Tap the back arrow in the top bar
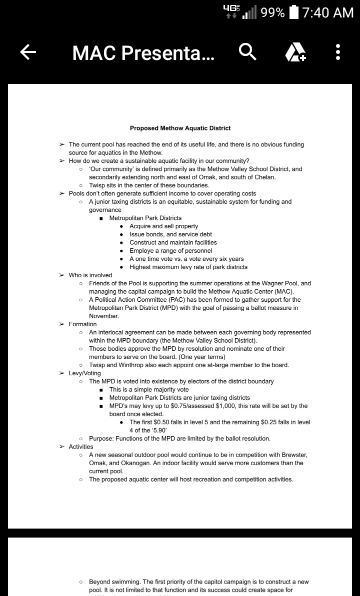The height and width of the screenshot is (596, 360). pyautogui.click(x=28, y=51)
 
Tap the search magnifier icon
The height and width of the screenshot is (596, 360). pyautogui.click(x=248, y=51)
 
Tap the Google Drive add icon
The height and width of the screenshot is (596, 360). pyautogui.click(x=295, y=52)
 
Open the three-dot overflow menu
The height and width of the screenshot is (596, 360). pyautogui.click(x=338, y=52)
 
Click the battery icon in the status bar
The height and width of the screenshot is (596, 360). pyautogui.click(x=295, y=12)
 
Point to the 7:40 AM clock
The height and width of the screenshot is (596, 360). pyautogui.click(x=328, y=12)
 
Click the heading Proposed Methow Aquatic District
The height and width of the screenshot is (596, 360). pyautogui.click(x=180, y=128)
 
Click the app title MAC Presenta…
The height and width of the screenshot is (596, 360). pyautogui.click(x=143, y=52)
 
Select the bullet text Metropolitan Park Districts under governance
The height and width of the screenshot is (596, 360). pyautogui.click(x=145, y=218)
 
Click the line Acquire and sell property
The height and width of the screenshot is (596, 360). pyautogui.click(x=163, y=226)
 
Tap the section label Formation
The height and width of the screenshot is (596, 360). pyautogui.click(x=82, y=324)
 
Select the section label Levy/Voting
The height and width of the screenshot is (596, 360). pyautogui.click(x=84, y=373)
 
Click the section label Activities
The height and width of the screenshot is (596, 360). pyautogui.click(x=81, y=447)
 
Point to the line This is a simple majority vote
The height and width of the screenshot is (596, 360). pyautogui.click(x=149, y=390)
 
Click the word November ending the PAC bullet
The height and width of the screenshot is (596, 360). pyautogui.click(x=104, y=316)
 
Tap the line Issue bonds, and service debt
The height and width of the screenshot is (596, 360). pyautogui.click(x=170, y=234)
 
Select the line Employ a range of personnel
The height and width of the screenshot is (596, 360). pyautogui.click(x=170, y=251)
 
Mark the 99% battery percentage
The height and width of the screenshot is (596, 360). pyautogui.click(x=272, y=12)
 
